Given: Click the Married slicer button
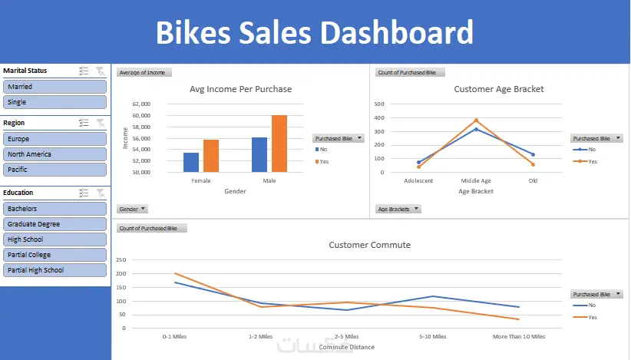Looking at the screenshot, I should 54,87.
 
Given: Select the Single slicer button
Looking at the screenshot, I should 54,101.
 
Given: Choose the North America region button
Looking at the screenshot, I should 54,154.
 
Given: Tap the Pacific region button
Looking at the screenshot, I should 54,169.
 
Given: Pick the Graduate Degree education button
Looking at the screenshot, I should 54,224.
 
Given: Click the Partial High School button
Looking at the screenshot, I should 54,270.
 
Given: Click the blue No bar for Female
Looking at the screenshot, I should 191,162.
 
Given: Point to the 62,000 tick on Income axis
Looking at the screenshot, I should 140,104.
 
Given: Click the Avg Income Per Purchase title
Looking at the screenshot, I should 240,89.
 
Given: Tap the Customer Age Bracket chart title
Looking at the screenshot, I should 498,89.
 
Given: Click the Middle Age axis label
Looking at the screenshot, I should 475,181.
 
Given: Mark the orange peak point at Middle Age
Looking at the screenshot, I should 476,120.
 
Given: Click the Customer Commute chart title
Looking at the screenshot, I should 369,245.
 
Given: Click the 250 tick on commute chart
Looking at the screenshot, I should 120,259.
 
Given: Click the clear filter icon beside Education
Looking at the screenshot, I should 100,193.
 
